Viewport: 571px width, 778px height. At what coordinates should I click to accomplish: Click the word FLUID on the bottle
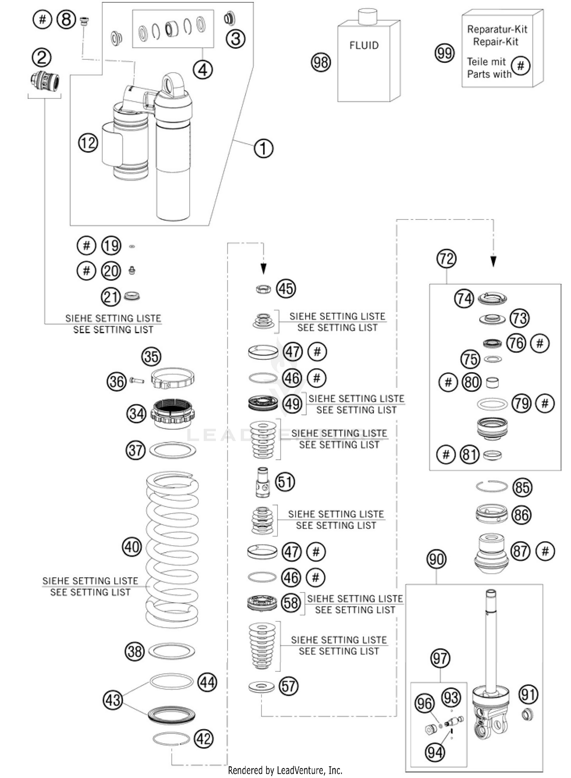[x=364, y=45]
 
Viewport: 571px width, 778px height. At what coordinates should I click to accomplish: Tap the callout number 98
[x=321, y=62]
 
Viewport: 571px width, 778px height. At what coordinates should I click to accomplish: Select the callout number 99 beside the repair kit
[x=444, y=53]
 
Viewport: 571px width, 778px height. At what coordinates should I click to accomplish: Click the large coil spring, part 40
[x=172, y=549]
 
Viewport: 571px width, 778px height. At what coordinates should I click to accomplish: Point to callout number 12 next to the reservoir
[x=88, y=143]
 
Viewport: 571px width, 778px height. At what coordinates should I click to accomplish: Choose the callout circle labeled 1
[x=263, y=148]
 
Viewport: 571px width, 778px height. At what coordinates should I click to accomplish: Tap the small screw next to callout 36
[x=137, y=380]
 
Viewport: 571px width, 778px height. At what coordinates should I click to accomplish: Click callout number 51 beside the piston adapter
[x=285, y=482]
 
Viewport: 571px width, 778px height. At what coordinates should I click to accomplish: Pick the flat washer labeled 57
[x=261, y=687]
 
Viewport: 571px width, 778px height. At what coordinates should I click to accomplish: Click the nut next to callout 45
[x=263, y=289]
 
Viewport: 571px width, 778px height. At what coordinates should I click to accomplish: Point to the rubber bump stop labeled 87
[x=491, y=553]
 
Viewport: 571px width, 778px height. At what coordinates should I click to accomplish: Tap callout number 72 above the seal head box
[x=446, y=259]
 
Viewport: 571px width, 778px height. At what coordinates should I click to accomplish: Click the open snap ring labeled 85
[x=491, y=486]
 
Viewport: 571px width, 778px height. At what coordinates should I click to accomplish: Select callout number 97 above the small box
[x=440, y=658]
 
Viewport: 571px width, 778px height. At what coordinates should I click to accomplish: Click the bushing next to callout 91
[x=527, y=714]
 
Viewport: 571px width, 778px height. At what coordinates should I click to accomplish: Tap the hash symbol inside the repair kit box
[x=520, y=66]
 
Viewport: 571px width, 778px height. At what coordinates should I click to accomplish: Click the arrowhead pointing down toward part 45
[x=263, y=269]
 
